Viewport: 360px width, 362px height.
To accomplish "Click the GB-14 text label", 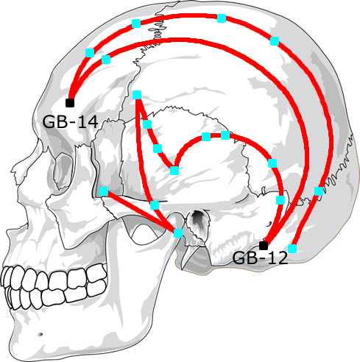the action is point(70,121).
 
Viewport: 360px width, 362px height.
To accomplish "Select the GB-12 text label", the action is point(260,258).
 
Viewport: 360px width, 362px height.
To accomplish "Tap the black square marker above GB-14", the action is point(70,103).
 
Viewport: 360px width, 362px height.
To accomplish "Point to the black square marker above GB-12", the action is point(264,246).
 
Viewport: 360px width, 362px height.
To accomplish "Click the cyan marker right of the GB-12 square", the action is point(292,249).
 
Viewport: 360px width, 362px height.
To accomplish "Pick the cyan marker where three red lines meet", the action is point(178,233).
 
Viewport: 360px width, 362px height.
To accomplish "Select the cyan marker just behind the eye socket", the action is point(104,191).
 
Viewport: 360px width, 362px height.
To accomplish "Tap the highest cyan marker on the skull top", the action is point(222,18).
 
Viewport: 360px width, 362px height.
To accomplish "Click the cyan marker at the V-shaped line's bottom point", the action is point(174,171).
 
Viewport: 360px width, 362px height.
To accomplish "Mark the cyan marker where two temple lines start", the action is point(137,95).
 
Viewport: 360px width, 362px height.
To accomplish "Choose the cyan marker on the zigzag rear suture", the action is point(319,191).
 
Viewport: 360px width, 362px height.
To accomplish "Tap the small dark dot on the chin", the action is point(40,334).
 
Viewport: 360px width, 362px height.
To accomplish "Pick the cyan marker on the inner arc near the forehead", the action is point(106,60).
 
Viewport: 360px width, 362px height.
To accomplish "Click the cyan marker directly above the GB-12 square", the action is point(280,200).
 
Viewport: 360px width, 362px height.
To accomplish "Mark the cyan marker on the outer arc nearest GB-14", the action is point(90,53).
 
